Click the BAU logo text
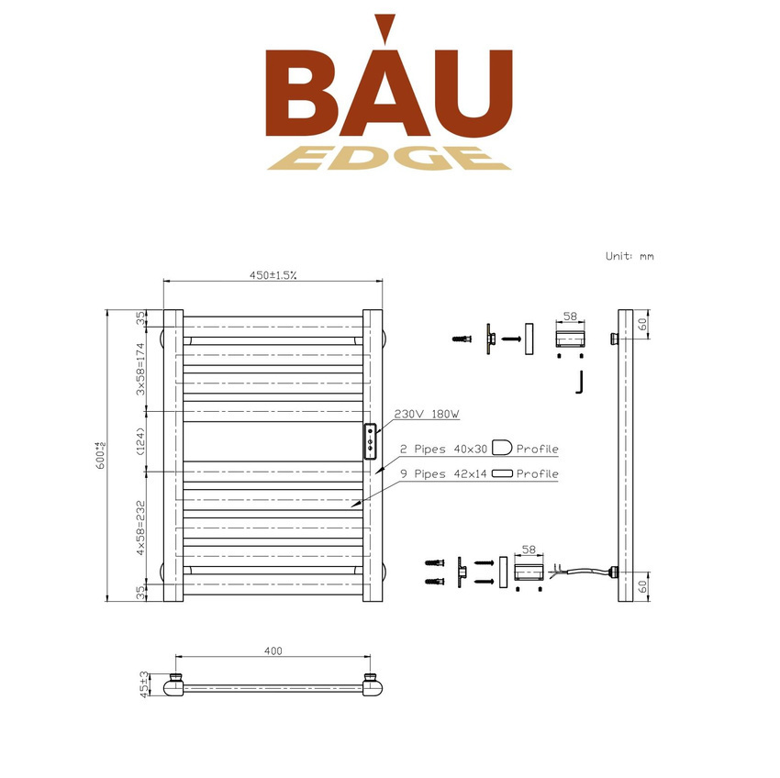(389, 75)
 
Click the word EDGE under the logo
(389, 158)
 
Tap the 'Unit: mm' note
(630, 256)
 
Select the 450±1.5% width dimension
(273, 275)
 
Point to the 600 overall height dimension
(101, 455)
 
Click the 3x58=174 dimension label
(140, 369)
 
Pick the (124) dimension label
(140, 441)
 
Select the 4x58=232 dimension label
(140, 528)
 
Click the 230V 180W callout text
(427, 414)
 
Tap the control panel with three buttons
(370, 441)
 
